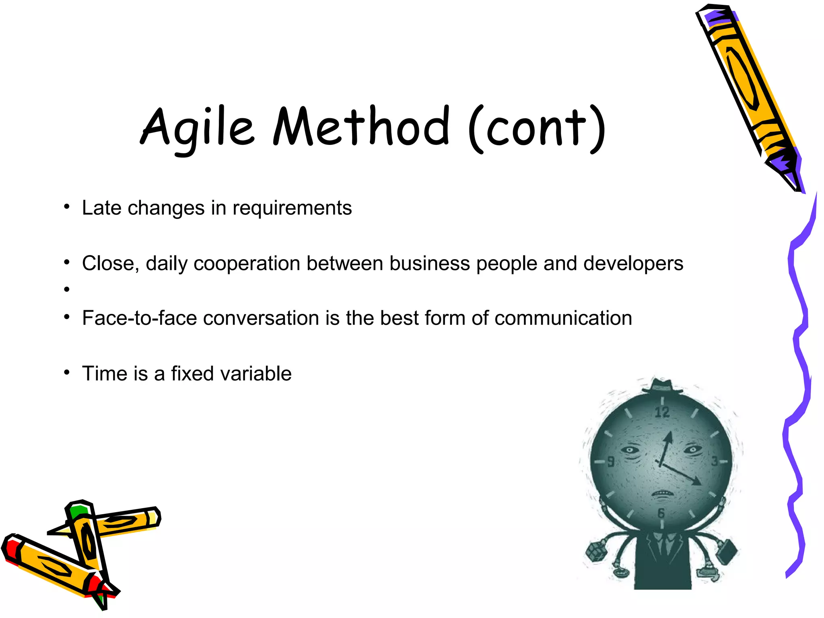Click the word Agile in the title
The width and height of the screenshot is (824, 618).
point(197,128)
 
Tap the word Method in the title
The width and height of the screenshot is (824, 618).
point(361,126)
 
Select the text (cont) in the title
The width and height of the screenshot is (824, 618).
point(537,128)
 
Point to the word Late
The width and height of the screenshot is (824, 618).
point(101,208)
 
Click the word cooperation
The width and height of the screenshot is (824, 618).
point(247,264)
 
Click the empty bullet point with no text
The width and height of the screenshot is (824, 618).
point(67,289)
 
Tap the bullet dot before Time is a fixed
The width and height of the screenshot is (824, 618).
point(67,373)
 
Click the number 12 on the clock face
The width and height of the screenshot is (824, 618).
point(662,412)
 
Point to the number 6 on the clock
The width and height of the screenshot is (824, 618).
point(661,513)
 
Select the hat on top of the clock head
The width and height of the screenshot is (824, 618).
point(662,386)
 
